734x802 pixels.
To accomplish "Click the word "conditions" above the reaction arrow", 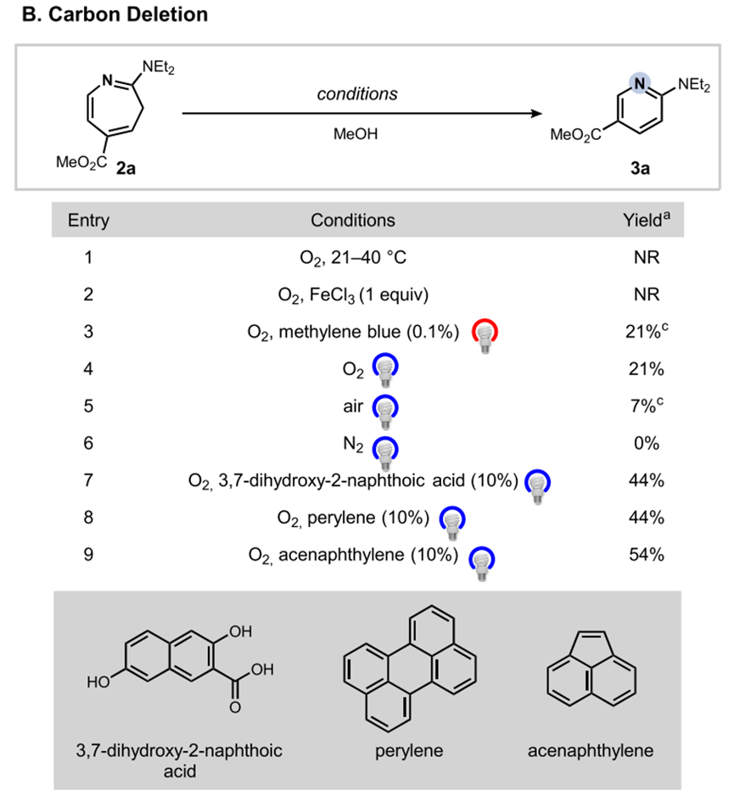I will (x=356, y=93).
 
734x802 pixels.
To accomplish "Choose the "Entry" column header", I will (x=88, y=221).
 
